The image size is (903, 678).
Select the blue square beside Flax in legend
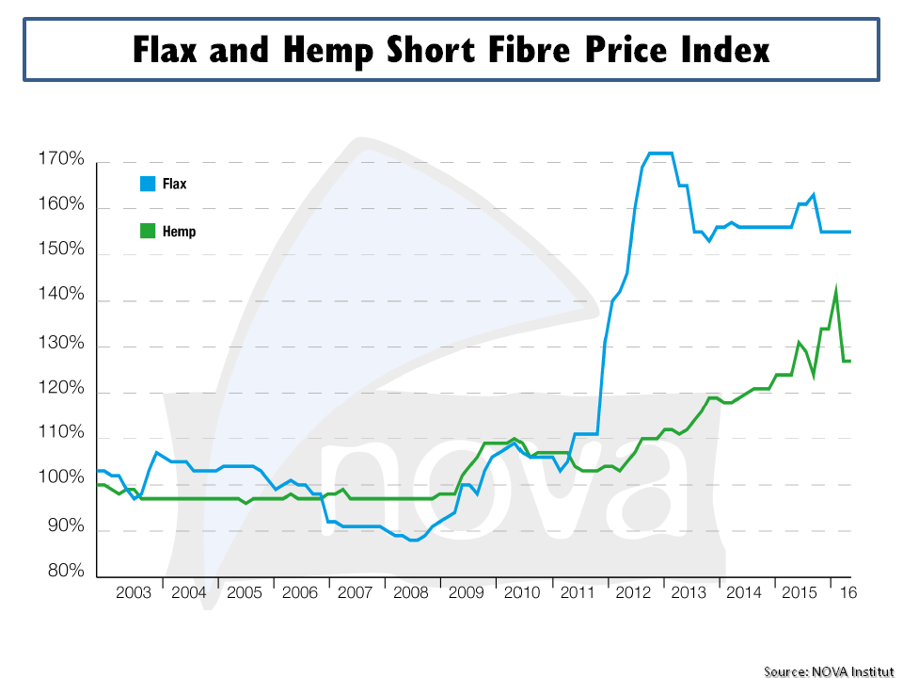tap(147, 184)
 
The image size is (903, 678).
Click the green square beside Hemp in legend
tap(147, 230)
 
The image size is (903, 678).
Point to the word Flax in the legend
tap(174, 185)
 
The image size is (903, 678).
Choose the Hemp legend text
tap(179, 231)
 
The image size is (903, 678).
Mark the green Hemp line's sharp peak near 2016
tap(835, 290)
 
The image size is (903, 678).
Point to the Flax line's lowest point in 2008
tap(413, 540)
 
